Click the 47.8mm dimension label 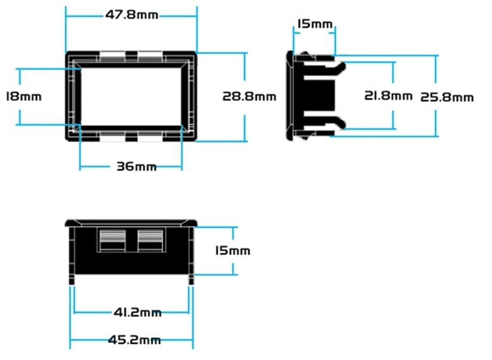(x=131, y=15)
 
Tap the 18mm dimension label (x=24, y=96)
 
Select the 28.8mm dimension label (x=249, y=96)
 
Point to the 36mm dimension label (x=137, y=167)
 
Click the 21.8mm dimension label (x=388, y=96)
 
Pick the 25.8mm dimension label (x=447, y=97)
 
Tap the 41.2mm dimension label (x=137, y=312)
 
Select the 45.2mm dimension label (x=134, y=340)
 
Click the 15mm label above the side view (x=315, y=24)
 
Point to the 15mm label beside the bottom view (x=232, y=251)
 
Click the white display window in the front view (x=131, y=96)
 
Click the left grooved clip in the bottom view (x=113, y=241)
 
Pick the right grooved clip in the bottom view (x=150, y=241)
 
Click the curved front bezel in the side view (x=290, y=95)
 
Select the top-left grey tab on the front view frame (x=112, y=57)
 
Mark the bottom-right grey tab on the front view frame (x=150, y=136)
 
